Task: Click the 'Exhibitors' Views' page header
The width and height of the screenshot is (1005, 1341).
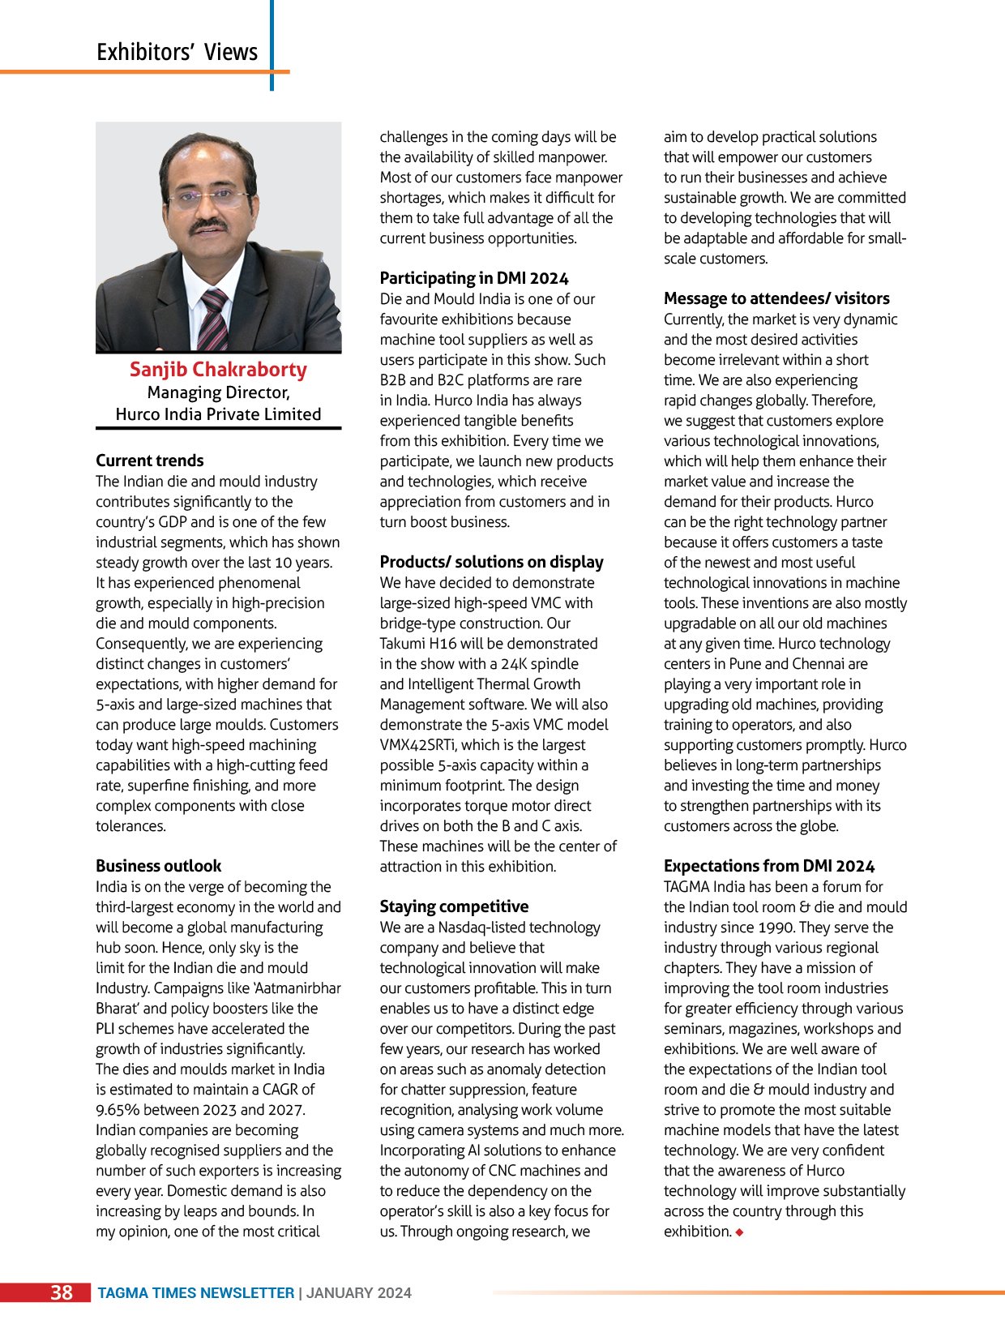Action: (177, 52)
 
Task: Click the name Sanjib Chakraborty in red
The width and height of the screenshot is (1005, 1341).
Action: (218, 370)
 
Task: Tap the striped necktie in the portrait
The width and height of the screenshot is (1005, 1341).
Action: (212, 319)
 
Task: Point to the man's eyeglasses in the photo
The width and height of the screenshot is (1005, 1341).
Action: (207, 197)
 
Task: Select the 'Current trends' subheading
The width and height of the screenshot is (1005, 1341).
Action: (150, 461)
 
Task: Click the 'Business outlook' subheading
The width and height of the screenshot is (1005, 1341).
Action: (158, 866)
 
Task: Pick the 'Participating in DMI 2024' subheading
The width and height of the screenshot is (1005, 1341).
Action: (474, 278)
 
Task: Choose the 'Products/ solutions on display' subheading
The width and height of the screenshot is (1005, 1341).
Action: (491, 562)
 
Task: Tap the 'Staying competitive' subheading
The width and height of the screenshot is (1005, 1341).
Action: (454, 906)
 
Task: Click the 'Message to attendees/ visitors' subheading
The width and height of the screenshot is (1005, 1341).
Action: (776, 298)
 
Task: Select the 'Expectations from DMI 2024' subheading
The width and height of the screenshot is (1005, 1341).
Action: (769, 866)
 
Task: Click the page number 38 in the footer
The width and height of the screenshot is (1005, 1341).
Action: (62, 1292)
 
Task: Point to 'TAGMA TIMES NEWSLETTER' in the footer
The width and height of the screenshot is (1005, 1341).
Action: (195, 1293)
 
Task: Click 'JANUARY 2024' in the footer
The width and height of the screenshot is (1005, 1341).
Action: (359, 1293)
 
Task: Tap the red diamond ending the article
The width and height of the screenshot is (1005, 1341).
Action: (740, 1232)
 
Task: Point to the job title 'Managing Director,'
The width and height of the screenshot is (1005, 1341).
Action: (218, 392)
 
